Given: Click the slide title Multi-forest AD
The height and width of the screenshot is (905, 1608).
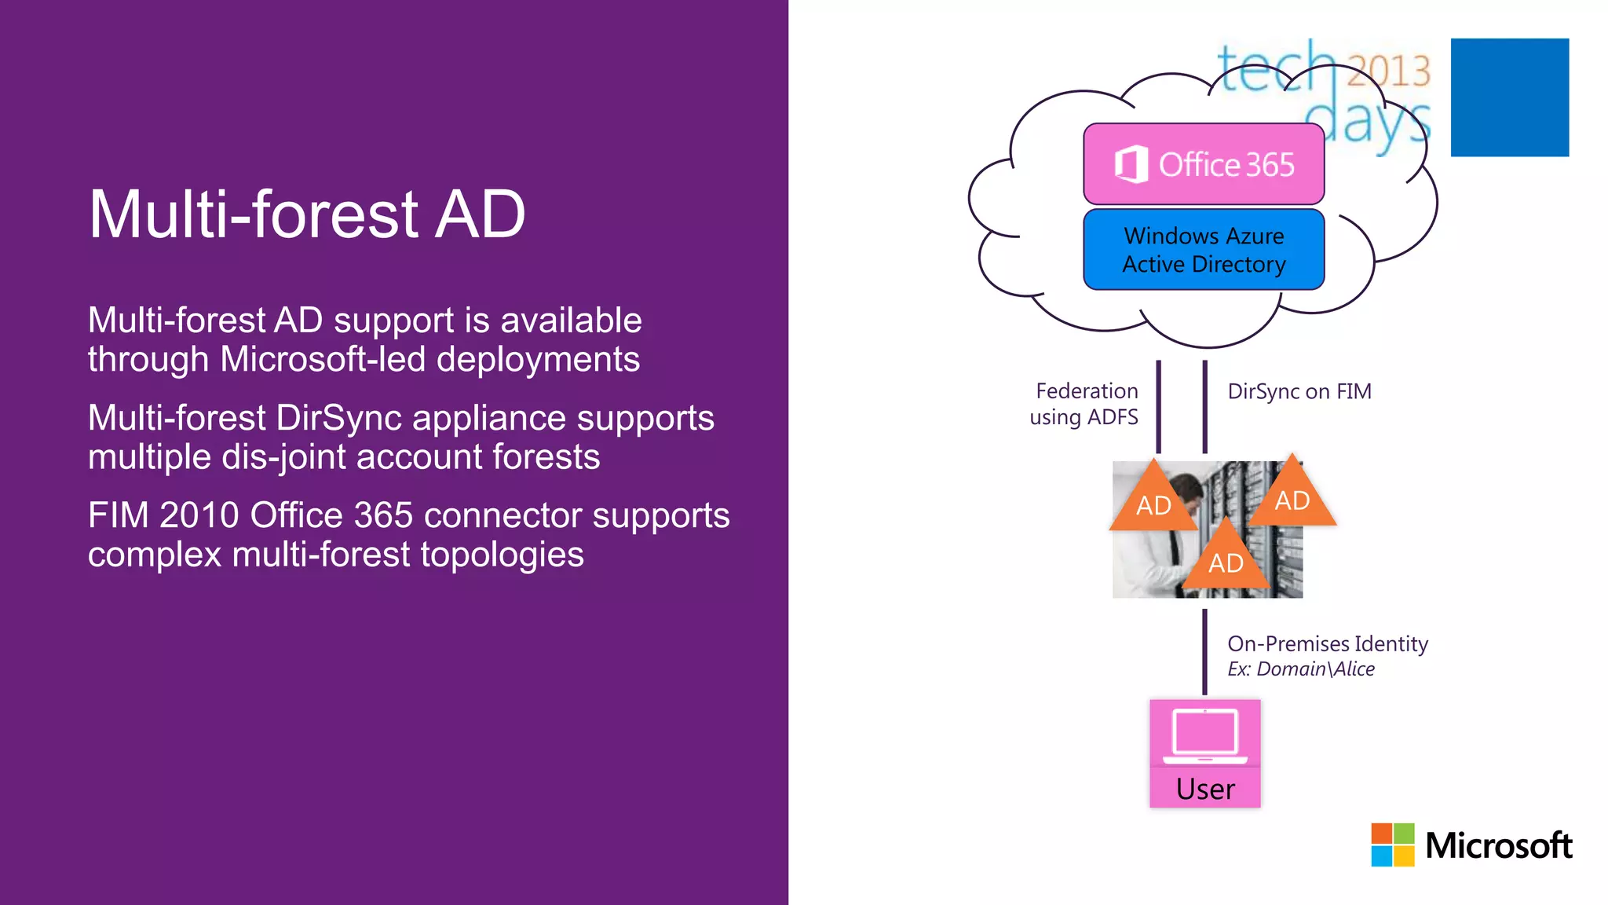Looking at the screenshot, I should coord(306,214).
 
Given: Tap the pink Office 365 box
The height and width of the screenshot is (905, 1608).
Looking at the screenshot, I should coord(1203,164).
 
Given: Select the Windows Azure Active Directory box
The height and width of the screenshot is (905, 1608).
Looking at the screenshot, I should coord(1203,250).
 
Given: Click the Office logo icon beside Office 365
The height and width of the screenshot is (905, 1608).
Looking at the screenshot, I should coord(1131,165).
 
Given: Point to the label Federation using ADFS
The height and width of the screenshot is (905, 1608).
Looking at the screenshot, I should coord(1085,404).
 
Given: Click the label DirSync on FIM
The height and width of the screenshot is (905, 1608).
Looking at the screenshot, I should coord(1299,391).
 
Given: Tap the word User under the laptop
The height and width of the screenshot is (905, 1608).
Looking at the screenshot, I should coord(1204,789).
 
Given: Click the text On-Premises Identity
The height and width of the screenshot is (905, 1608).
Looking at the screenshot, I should coord(1327,644).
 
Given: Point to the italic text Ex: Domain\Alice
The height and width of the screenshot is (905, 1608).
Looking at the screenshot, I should coord(1300,669).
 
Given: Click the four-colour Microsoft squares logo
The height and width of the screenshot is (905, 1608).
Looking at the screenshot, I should coord(1392,845).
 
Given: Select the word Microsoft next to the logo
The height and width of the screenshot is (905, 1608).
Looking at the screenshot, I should coord(1498,846).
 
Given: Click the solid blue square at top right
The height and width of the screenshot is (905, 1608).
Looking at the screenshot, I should coord(1509,97).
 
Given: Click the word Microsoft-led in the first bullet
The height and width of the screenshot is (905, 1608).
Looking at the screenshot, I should coord(323,360).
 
